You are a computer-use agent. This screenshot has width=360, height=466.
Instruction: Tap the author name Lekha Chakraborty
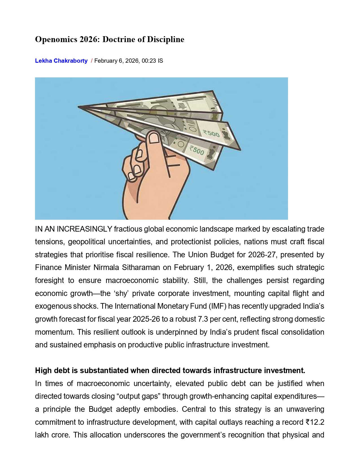click(x=61, y=61)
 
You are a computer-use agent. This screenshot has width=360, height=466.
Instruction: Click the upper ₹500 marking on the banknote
click(x=211, y=133)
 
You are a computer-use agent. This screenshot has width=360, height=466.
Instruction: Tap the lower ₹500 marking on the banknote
click(x=197, y=150)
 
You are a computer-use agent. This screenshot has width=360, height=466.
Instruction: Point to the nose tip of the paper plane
click(x=79, y=107)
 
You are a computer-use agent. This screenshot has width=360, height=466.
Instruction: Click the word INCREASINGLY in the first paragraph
click(x=84, y=229)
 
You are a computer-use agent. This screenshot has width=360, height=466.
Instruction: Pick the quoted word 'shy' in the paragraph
click(x=121, y=293)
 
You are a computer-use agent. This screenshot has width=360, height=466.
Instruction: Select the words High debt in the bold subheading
click(x=50, y=371)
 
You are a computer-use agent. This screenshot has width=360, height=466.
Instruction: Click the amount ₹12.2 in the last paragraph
click(x=315, y=422)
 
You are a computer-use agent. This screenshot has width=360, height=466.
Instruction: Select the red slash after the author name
click(x=92, y=61)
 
